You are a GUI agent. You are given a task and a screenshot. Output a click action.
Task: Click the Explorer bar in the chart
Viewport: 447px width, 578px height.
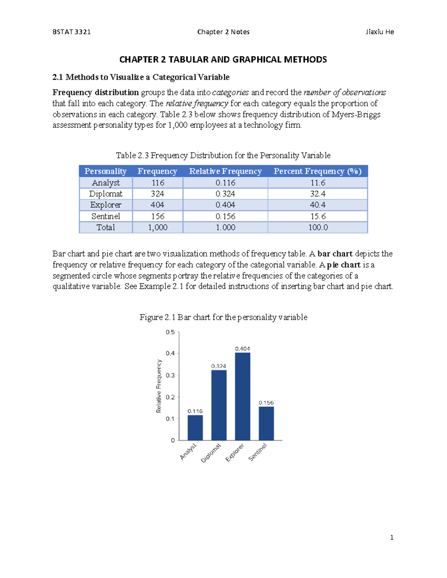coord(242,396)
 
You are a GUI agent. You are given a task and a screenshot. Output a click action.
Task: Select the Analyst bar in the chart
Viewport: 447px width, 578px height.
coord(195,428)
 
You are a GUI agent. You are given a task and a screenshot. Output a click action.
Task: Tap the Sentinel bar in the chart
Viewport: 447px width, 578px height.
coord(266,423)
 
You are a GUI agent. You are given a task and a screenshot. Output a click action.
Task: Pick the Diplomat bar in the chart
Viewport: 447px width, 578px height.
coord(219,405)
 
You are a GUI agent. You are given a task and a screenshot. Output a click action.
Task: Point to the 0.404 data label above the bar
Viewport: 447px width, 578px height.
coord(242,349)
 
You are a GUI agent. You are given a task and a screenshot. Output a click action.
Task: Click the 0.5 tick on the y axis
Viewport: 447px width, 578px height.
coord(170,332)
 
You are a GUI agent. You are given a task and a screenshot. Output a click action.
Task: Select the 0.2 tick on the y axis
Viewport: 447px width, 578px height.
coord(170,397)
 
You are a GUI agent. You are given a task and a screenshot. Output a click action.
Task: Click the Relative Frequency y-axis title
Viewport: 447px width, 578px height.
coord(159,386)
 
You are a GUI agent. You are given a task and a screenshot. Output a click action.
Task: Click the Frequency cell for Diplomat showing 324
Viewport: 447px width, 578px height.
coord(158,194)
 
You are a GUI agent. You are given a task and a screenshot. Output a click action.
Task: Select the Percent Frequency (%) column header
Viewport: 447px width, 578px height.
coord(317,171)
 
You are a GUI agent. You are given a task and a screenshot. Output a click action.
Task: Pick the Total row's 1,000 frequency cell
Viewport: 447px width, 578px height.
coord(158,227)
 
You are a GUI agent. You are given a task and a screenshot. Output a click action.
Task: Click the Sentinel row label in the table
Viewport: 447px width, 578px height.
coord(106,216)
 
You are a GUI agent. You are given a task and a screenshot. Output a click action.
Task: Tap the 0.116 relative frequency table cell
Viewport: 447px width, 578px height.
coord(225,183)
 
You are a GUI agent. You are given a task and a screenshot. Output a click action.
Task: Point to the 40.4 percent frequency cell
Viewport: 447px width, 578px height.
coord(317,205)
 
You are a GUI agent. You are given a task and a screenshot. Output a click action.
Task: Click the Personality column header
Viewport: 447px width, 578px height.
coord(105,171)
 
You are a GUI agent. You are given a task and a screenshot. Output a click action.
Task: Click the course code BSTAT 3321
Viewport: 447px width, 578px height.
coord(72,32)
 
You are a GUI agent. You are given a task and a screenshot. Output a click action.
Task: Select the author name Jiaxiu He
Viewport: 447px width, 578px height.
coord(380,32)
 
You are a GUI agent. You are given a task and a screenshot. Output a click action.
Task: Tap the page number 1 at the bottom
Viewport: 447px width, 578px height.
coord(391,537)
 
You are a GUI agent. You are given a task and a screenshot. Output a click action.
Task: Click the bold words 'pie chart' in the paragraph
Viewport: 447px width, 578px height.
coord(343,265)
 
